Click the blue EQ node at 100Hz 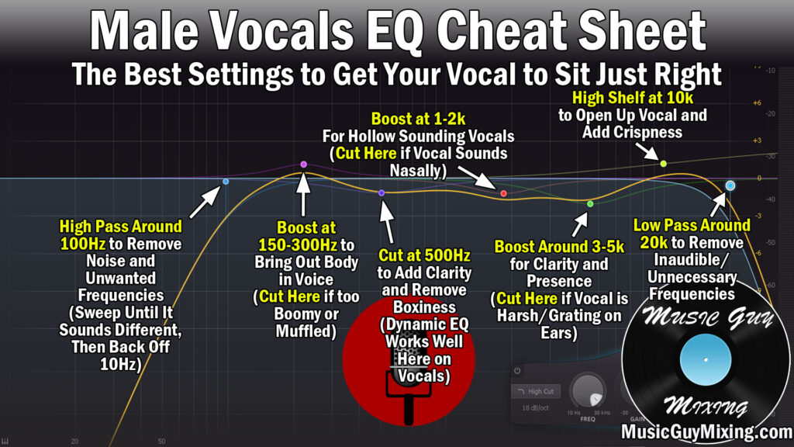coord(226,182)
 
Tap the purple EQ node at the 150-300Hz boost coord(303,165)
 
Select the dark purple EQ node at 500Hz coord(381,192)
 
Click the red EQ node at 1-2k coord(503,193)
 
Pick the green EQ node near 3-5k coord(590,204)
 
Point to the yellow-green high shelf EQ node coord(663,163)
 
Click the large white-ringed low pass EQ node coord(730,185)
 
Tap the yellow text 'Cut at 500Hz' coord(424,255)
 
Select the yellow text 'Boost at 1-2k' coord(418,120)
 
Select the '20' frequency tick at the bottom coord(74,441)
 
